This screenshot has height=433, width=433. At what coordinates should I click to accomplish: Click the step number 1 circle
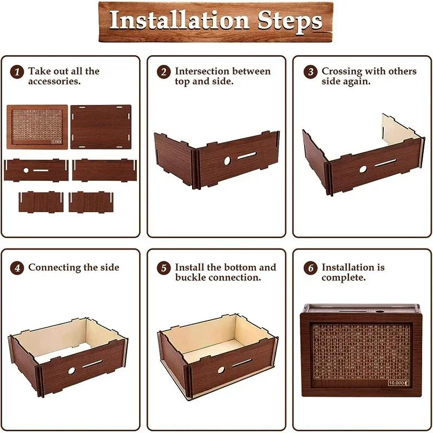[18, 71]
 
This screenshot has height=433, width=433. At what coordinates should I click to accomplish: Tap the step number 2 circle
[164, 71]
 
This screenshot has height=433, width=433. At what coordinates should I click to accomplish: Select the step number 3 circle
[311, 71]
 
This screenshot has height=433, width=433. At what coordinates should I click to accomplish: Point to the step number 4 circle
[18, 267]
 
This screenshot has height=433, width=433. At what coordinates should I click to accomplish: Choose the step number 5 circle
[164, 267]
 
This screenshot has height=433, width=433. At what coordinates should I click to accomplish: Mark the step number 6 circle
[311, 267]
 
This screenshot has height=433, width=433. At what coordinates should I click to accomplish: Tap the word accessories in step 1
[54, 81]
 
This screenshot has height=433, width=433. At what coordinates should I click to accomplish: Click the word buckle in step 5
[191, 277]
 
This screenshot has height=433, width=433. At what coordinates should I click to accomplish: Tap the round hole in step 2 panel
[227, 160]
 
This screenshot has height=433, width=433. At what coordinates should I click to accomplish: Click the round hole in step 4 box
[71, 371]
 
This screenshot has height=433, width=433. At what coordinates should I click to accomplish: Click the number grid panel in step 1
[37, 127]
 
